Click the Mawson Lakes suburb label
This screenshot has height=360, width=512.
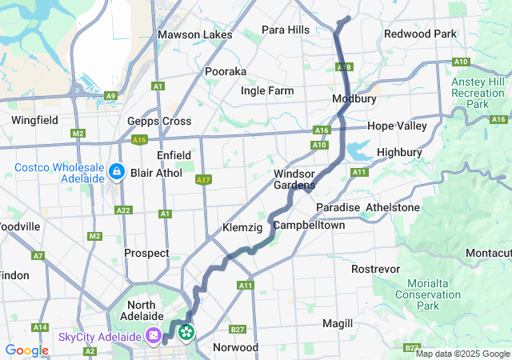[195, 34]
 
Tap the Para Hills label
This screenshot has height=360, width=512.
[286, 30]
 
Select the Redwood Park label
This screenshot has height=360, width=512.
[420, 34]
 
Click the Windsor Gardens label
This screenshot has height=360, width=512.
[294, 179]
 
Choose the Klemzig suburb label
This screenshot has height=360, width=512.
[242, 228]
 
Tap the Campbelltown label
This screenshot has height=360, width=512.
[309, 226]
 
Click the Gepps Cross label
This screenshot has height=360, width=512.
[159, 121]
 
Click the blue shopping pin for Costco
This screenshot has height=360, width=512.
[117, 171]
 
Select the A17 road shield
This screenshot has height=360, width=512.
[203, 180]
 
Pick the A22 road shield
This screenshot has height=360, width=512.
[123, 210]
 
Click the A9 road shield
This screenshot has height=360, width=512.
[110, 96]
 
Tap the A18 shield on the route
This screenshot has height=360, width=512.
[345, 67]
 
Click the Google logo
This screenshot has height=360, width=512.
[26, 350]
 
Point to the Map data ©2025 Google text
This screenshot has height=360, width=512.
[462, 354]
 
